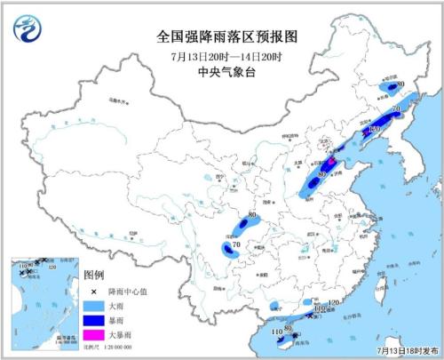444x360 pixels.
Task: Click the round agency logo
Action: (x=27, y=32)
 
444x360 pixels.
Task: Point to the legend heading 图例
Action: (x=91, y=276)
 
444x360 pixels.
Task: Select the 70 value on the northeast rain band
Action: (x=396, y=110)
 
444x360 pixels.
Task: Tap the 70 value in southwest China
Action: (x=236, y=245)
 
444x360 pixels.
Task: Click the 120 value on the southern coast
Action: (x=333, y=304)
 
